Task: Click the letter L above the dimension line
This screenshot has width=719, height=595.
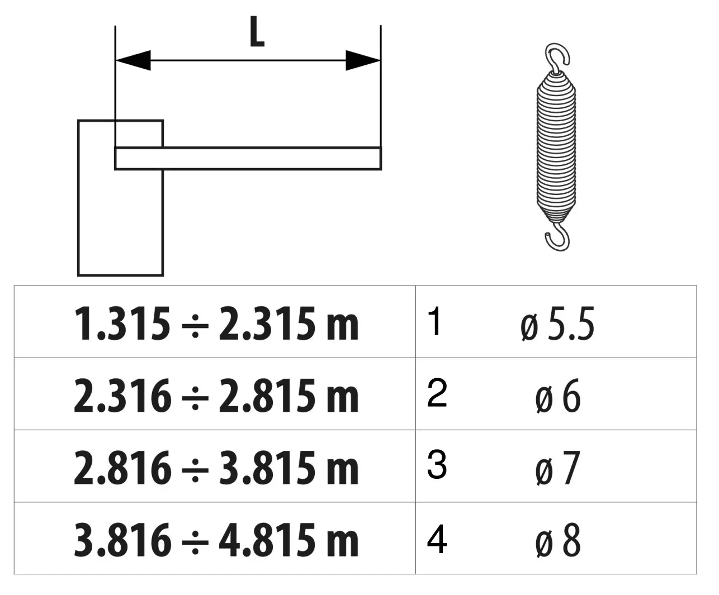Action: coord(257,32)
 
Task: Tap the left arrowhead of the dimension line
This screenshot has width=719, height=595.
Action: coord(133,60)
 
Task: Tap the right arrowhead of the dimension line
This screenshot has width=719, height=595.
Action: coord(363,60)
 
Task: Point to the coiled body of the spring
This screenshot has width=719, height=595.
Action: coord(556,146)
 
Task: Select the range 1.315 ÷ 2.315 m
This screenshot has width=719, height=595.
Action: coord(216,324)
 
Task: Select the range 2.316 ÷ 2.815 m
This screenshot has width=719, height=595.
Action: coord(216,396)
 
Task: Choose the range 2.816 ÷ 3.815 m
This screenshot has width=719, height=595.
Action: coord(216,468)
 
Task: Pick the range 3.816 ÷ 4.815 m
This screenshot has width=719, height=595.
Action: coord(216,540)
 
